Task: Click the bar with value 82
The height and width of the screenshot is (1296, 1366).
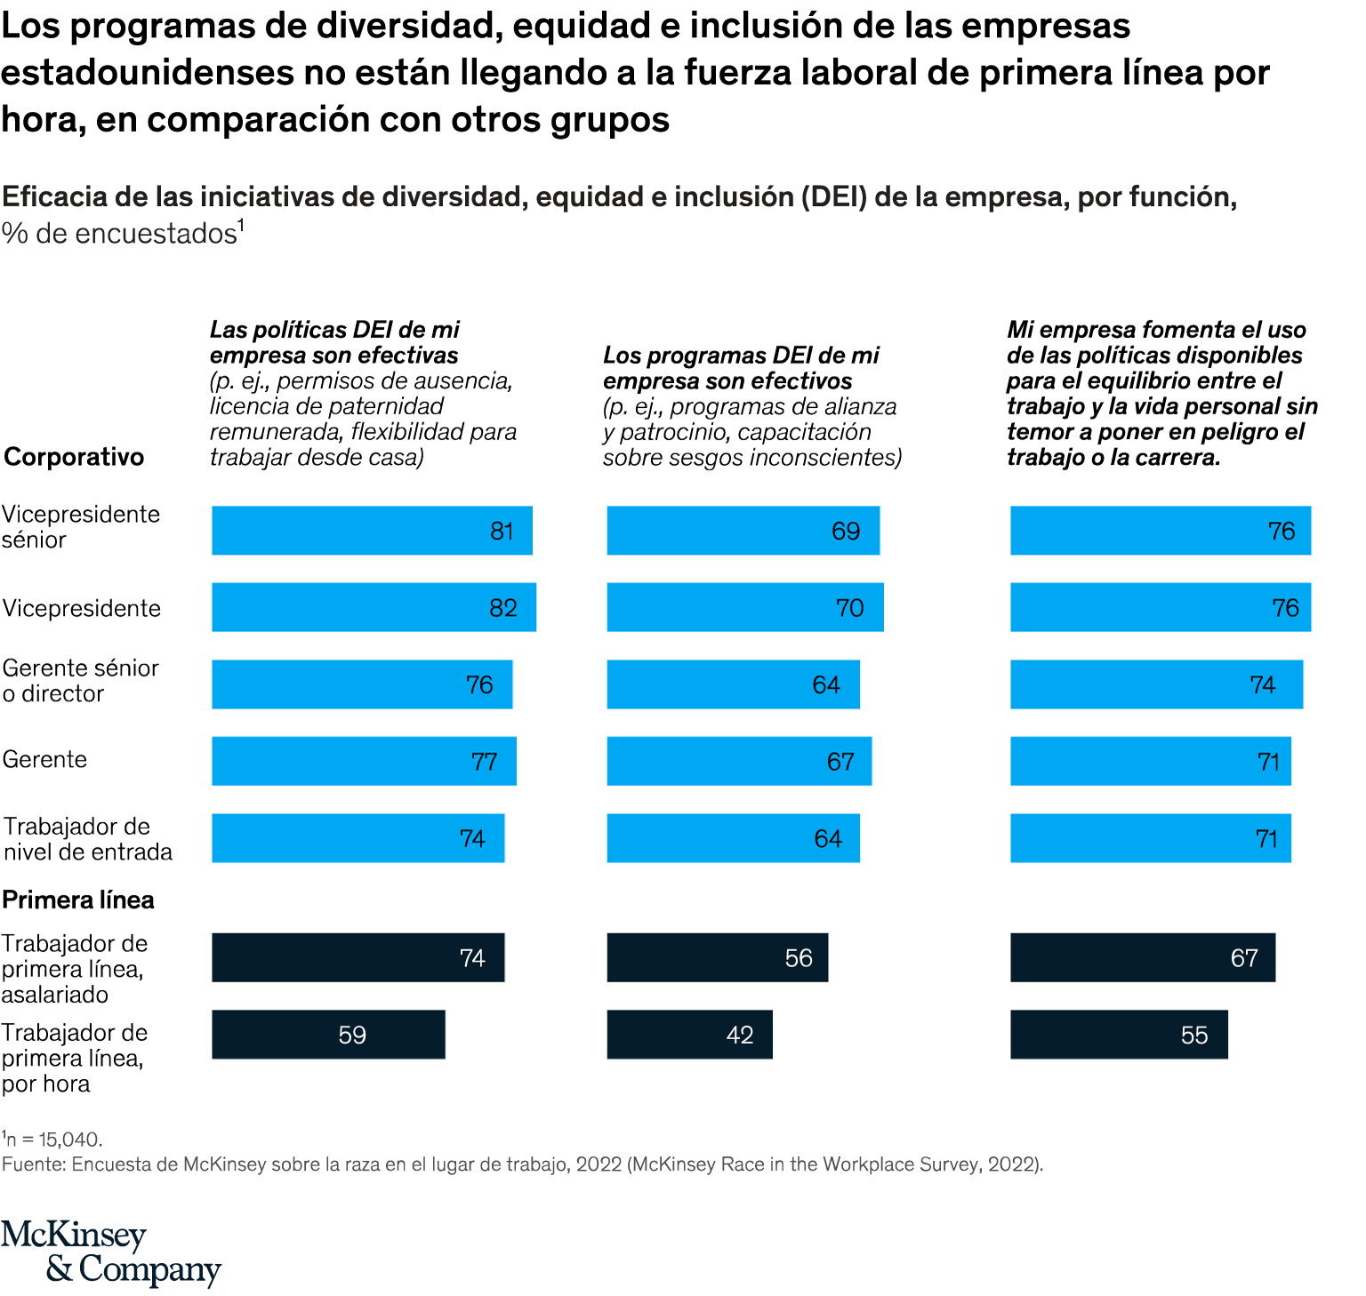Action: [374, 607]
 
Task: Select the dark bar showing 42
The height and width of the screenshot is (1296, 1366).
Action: [689, 1035]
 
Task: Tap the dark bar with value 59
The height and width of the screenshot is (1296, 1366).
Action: [328, 1035]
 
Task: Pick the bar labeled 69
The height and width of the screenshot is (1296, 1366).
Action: [743, 531]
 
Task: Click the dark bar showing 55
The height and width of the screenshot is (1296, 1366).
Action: [1119, 1035]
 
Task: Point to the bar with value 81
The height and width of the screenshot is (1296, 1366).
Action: [372, 531]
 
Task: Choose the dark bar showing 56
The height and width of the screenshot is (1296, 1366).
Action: [717, 957]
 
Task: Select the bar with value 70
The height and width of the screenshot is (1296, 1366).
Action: [745, 607]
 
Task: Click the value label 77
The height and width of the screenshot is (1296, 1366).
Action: [484, 762]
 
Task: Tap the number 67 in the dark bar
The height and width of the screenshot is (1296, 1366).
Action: [1243, 958]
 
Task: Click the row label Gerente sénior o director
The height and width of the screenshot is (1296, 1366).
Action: [80, 681]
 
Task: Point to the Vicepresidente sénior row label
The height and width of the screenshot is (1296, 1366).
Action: [80, 527]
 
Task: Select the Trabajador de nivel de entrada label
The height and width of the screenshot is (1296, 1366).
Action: [87, 839]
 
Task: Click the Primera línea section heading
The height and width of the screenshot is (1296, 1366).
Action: [78, 900]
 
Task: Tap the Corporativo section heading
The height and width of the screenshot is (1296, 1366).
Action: [74, 457]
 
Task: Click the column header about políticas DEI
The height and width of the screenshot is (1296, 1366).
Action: [363, 393]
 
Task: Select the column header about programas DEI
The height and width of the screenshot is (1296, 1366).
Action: [751, 406]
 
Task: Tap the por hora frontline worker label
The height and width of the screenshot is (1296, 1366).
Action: [74, 1058]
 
